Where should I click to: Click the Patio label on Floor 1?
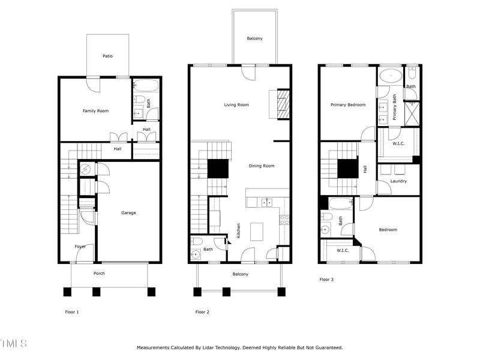(x=107, y=56)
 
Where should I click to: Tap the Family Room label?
(x=95, y=110)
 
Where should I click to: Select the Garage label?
(x=128, y=212)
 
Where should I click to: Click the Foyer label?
(x=80, y=246)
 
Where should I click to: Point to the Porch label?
(x=99, y=274)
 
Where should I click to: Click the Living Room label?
(x=236, y=104)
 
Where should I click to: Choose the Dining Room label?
(x=262, y=166)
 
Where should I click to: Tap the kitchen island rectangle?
(x=257, y=230)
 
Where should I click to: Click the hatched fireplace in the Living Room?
(x=283, y=104)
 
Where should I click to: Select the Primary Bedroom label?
(x=348, y=104)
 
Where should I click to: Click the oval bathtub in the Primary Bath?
(x=391, y=76)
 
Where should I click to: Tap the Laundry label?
(x=398, y=181)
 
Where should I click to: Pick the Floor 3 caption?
(x=326, y=279)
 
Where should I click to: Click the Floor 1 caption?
(x=71, y=312)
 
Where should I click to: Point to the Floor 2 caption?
(x=202, y=312)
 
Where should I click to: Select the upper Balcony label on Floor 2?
(x=254, y=38)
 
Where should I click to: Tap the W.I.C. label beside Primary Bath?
(x=400, y=143)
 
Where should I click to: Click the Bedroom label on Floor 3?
(x=388, y=229)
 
